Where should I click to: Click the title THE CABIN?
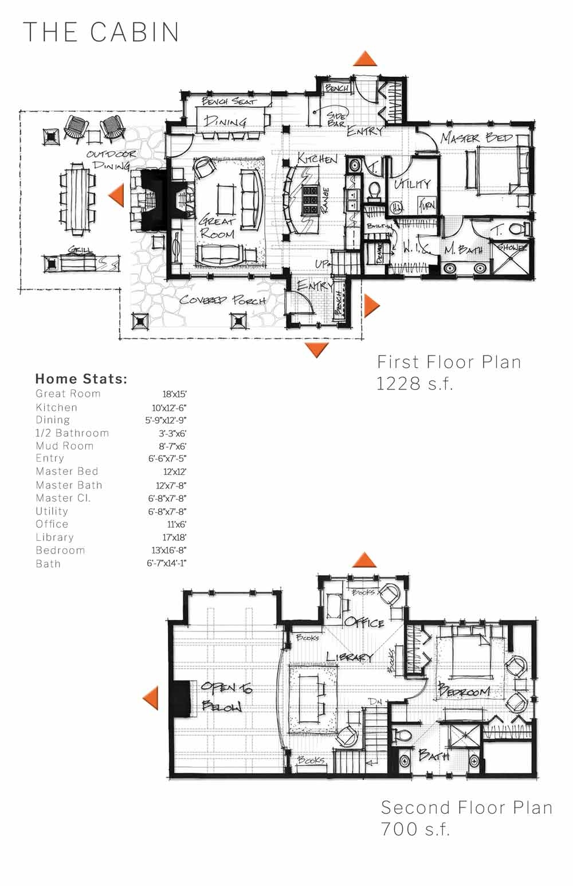tap(101, 32)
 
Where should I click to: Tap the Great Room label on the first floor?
tap(217, 227)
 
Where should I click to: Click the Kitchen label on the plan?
tap(317, 159)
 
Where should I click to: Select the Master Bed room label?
tap(476, 138)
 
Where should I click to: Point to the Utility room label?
tap(411, 184)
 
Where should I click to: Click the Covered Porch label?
tap(222, 300)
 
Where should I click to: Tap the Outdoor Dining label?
tap(112, 159)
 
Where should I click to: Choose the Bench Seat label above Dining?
tap(228, 102)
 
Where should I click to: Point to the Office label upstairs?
tap(364, 622)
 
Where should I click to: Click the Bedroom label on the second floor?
tap(464, 691)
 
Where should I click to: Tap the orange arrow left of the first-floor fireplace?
tap(116, 194)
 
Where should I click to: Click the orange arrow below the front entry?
tap(316, 349)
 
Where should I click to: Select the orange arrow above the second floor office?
tap(364, 560)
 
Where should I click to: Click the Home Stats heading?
tap(81, 378)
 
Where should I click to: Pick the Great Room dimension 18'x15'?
tap(174, 394)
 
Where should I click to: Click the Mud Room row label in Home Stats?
tap(64, 446)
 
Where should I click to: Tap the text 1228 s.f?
tap(414, 383)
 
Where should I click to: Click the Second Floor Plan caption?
tap(466, 807)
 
